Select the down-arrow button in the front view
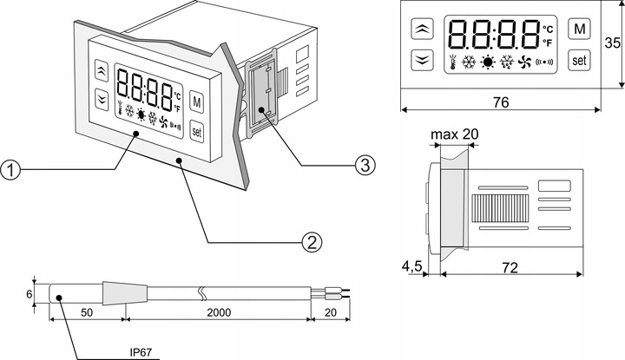[423, 60]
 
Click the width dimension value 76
[499, 102]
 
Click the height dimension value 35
[613, 43]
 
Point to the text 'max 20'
[453, 135]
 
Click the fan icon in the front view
[524, 62]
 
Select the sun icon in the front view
[490, 62]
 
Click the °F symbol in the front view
[547, 42]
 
